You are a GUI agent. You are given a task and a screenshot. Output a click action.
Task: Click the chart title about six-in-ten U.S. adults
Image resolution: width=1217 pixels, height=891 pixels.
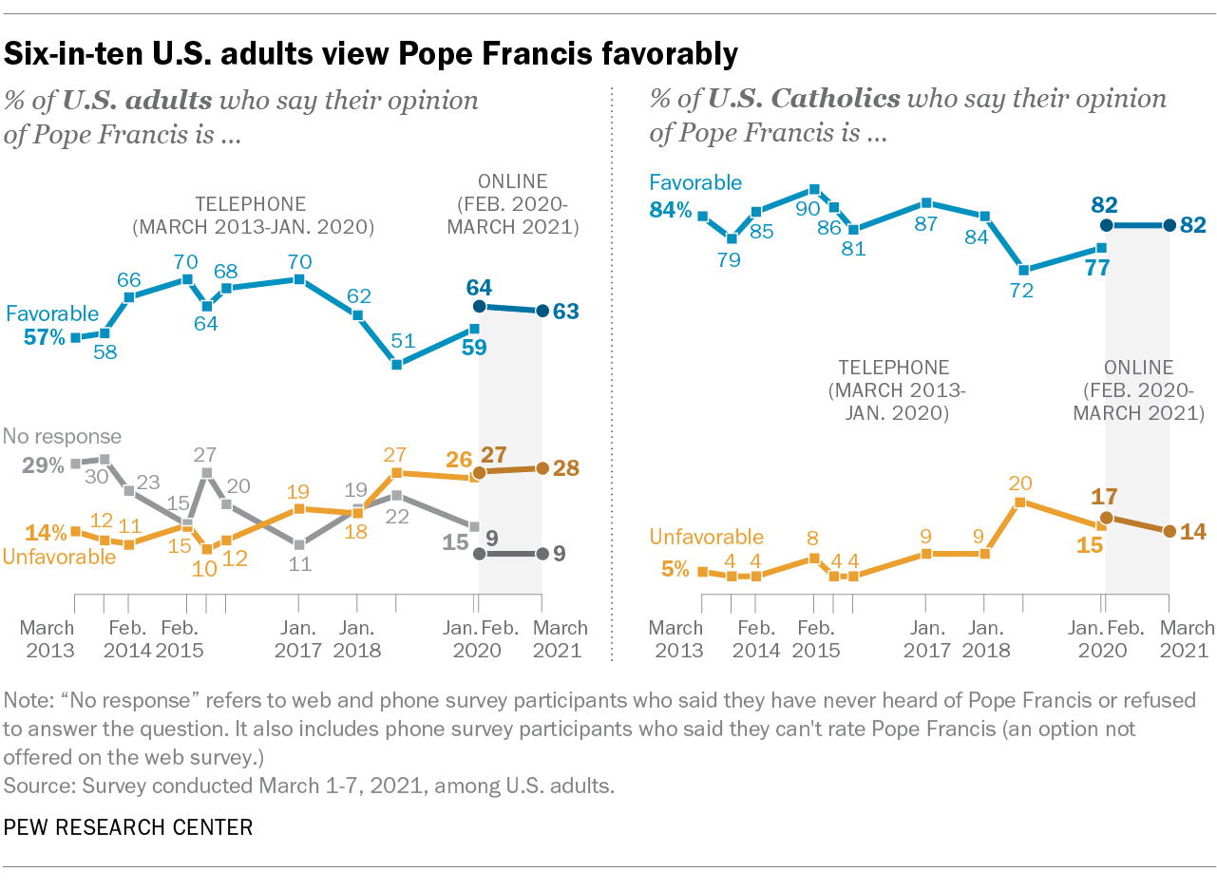pyautogui.click(x=371, y=54)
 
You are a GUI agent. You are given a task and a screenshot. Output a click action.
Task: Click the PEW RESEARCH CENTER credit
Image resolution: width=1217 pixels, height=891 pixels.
pyautogui.click(x=128, y=827)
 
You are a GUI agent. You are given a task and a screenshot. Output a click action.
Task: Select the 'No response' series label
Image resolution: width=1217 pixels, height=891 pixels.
pyautogui.click(x=63, y=437)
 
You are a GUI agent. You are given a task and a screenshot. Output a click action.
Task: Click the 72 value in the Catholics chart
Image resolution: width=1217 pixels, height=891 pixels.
pyautogui.click(x=1022, y=292)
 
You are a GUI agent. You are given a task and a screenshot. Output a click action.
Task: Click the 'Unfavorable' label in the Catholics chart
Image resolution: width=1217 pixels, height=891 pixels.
pyautogui.click(x=707, y=538)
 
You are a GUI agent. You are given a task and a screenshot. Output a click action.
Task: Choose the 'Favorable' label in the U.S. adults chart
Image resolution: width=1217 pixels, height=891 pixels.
pyautogui.click(x=52, y=313)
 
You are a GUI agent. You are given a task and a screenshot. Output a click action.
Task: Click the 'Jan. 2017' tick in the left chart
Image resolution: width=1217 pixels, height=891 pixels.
pyautogui.click(x=298, y=638)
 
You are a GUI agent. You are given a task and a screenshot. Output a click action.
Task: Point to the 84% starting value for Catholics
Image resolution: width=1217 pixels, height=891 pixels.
pyautogui.click(x=671, y=210)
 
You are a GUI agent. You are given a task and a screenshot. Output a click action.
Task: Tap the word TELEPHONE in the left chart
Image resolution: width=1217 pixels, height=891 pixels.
pyautogui.click(x=251, y=203)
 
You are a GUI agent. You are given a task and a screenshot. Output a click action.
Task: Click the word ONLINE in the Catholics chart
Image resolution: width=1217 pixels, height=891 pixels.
pyautogui.click(x=1139, y=368)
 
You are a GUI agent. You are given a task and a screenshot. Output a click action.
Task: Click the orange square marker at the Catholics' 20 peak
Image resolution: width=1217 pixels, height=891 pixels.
pyautogui.click(x=1019, y=502)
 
